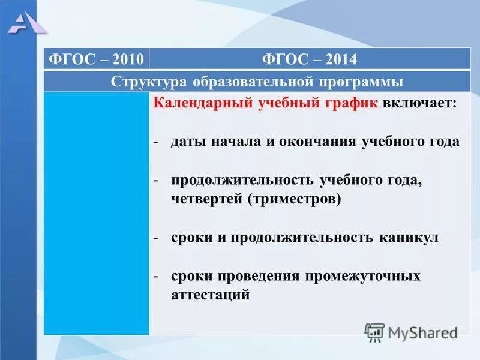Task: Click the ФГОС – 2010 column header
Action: coord(96,59)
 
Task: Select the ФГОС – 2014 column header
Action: coord(310,59)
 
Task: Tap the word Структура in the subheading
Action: coord(149,82)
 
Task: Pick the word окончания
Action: coord(317,142)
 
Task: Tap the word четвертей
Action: coord(206,199)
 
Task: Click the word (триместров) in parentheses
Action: coord(294,199)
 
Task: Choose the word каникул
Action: coord(409,238)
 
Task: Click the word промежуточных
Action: coord(362,277)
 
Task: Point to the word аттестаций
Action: coord(211,295)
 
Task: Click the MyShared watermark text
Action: coord(423,333)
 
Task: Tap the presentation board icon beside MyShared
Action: coord(374,332)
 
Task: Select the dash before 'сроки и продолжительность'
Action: coord(156,238)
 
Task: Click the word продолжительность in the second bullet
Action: coord(242,181)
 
